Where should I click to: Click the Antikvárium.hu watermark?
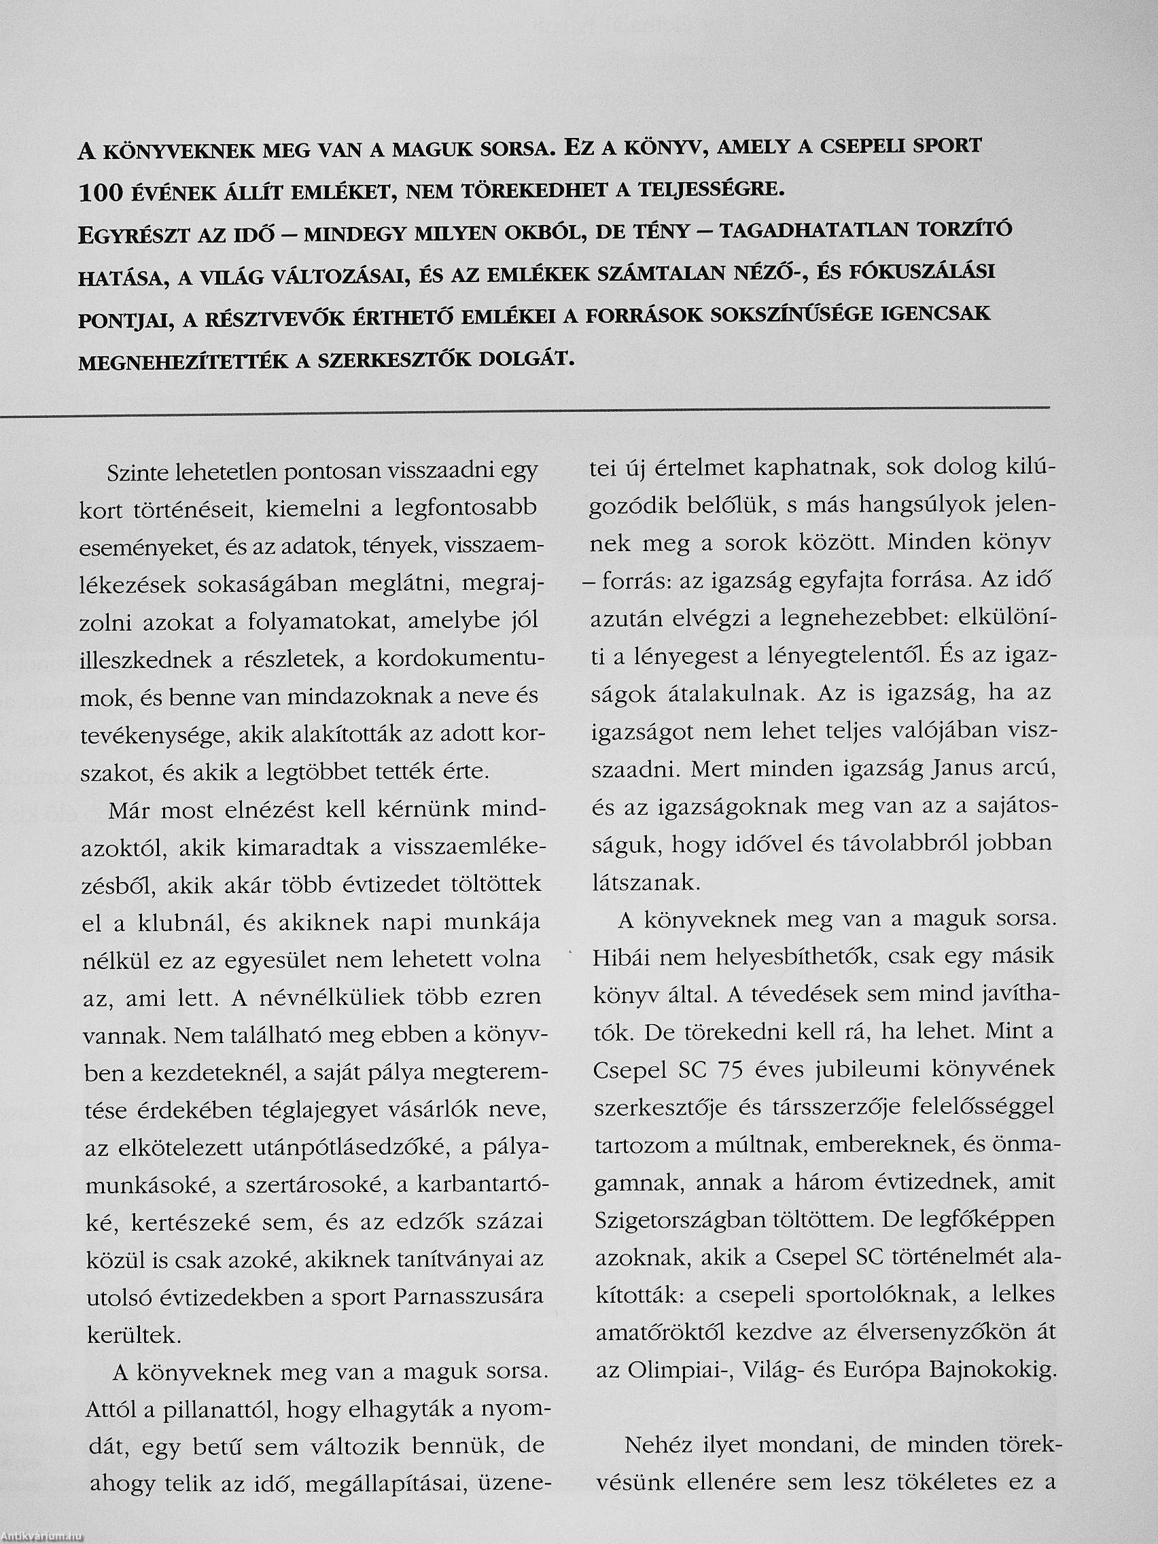tap(43, 1536)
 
